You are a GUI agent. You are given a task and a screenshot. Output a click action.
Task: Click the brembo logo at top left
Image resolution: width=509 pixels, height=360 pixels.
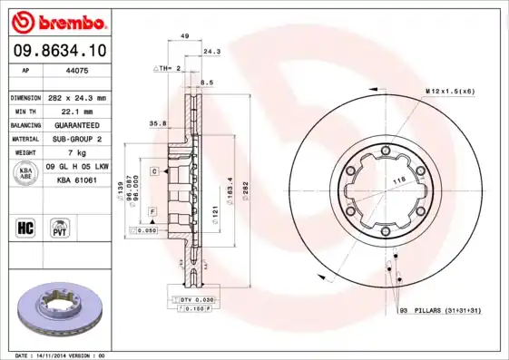point(57,21)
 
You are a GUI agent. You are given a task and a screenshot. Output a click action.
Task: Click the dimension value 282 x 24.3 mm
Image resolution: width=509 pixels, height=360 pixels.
point(76,97)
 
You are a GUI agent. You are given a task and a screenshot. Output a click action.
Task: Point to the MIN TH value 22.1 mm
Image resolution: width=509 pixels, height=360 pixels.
point(76,111)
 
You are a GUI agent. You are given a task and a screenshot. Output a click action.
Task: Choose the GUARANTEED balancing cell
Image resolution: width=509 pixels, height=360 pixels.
point(76,125)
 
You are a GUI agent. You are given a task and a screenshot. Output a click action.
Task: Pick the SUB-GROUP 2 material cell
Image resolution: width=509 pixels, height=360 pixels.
point(76,139)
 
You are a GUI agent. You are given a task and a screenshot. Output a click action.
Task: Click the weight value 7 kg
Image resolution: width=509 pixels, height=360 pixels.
point(76,153)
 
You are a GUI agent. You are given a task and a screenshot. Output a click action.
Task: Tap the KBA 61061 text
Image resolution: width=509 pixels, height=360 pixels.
point(77,181)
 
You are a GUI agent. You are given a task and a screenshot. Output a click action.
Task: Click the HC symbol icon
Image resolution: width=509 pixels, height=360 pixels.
point(25,227)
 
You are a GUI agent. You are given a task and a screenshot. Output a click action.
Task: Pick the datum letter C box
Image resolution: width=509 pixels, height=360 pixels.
point(154,170)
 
